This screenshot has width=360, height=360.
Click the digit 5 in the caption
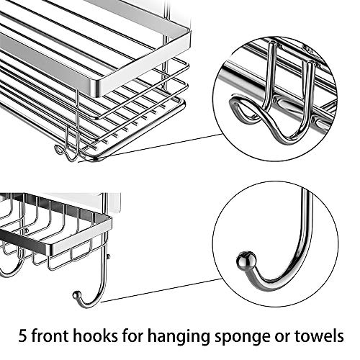[24, 336]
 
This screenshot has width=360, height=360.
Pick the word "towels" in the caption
[323, 336]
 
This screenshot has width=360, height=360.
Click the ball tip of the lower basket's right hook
[76, 294]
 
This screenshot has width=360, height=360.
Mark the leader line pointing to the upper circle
[158, 145]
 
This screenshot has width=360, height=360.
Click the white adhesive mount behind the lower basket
[112, 203]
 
